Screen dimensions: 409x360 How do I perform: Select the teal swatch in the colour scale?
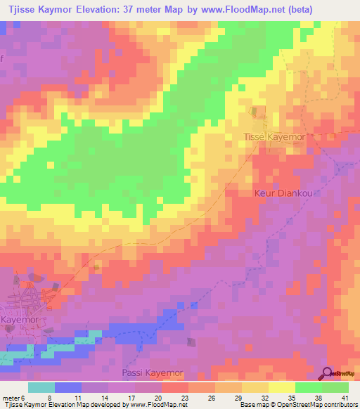pos(41,387)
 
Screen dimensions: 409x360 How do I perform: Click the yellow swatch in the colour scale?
pos(282,387)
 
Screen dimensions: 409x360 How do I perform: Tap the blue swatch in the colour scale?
pos(68,387)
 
